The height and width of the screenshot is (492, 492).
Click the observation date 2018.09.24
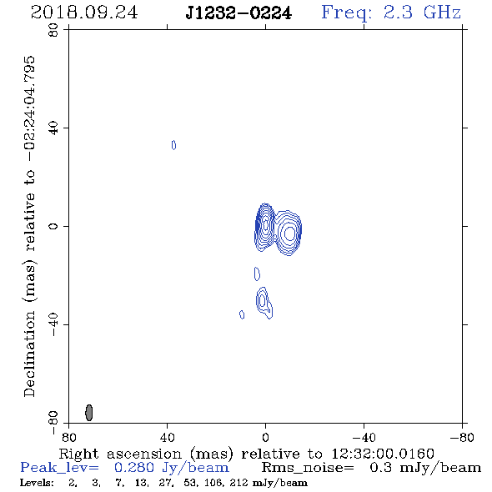[84, 13]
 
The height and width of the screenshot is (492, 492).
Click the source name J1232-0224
[238, 13]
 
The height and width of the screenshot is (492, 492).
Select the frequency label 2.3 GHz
[422, 13]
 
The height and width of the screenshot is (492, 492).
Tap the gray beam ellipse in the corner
[89, 412]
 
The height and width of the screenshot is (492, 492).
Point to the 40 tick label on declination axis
[53, 128]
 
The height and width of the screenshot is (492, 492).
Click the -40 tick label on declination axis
[53, 324]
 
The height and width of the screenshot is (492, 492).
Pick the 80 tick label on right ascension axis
[68, 437]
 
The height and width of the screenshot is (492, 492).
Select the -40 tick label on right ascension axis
[364, 437]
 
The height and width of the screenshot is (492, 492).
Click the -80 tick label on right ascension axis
[462, 437]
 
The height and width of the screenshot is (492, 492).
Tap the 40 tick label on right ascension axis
[168, 437]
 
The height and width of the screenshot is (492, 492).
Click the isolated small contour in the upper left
[173, 145]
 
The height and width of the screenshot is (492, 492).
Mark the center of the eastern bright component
[265, 224]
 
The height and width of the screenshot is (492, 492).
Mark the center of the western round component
[289, 233]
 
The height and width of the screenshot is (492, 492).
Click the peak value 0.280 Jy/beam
[172, 468]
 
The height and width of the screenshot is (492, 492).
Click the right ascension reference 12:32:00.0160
[383, 454]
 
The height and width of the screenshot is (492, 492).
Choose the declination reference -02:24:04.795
[30, 109]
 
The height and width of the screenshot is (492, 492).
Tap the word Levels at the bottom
[37, 483]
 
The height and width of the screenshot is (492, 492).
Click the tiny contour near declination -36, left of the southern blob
[242, 314]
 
